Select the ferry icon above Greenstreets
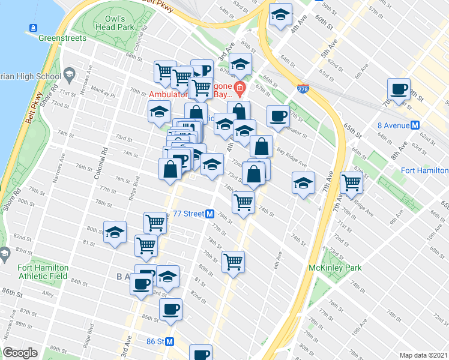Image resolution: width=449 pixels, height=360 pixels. pos(32,28)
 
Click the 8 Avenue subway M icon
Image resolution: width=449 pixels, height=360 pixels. pos(414,125)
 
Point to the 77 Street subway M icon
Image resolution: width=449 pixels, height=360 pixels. pos(210,214)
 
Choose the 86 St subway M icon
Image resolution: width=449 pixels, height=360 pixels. pos(169,342)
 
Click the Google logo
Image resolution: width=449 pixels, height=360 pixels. pos(20,353)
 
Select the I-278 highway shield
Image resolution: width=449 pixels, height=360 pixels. pos(303,89)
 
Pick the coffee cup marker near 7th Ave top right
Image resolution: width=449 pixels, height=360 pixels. pos(399,90)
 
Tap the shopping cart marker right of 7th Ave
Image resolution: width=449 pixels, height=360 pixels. pos(351,182)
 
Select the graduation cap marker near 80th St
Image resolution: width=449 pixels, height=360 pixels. pos(115,232)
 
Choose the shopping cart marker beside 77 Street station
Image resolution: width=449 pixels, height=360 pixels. pos(155,223)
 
